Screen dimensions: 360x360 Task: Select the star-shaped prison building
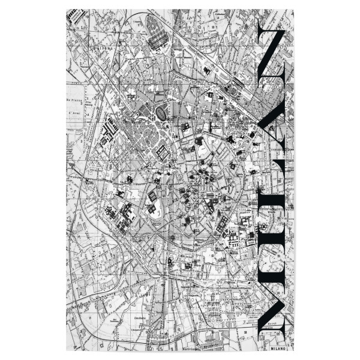[x=111, y=211]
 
